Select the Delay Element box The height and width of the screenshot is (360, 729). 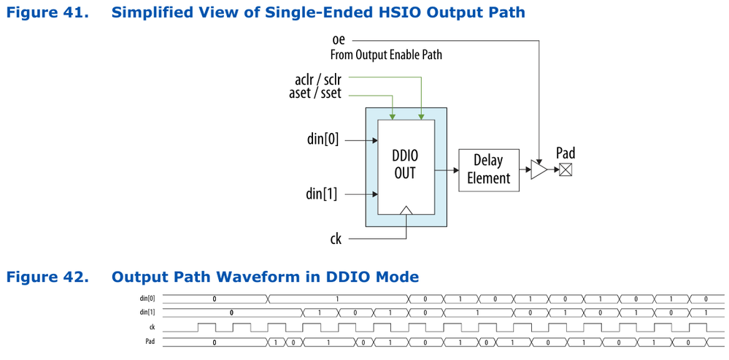(x=488, y=170)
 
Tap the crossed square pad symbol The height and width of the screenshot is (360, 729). (x=565, y=169)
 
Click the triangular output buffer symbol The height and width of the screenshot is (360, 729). (x=539, y=170)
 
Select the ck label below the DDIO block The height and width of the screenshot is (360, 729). (x=335, y=238)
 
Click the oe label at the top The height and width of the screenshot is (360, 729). (x=338, y=40)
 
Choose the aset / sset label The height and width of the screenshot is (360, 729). (x=315, y=93)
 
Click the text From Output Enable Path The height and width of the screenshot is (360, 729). (x=386, y=55)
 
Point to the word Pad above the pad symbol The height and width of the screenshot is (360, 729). (x=566, y=153)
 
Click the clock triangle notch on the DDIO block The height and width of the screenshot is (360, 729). (x=406, y=210)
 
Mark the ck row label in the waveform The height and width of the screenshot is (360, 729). (x=151, y=327)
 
